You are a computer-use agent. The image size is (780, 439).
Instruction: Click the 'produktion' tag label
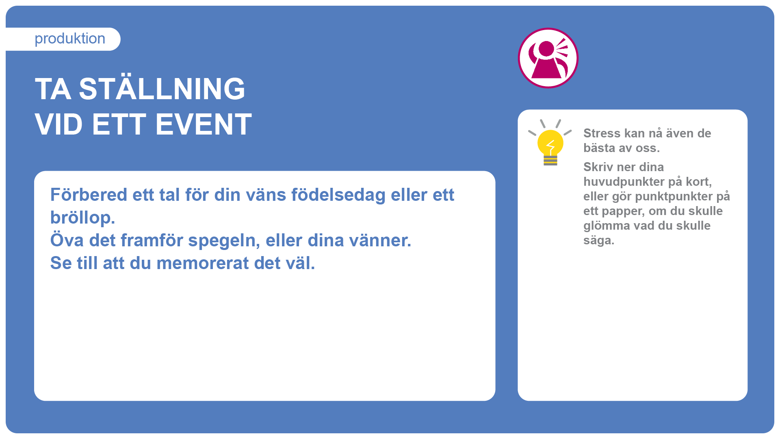click(70, 39)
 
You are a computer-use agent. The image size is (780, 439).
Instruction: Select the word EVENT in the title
click(204, 124)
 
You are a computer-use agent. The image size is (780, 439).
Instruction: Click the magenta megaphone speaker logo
click(548, 58)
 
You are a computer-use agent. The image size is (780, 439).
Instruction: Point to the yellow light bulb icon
click(550, 143)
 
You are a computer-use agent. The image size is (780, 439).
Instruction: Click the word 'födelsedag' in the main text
click(338, 196)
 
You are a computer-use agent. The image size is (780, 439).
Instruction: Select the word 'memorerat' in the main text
click(202, 263)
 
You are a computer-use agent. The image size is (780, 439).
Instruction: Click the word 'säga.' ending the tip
click(599, 241)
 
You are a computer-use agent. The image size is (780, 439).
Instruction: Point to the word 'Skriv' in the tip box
click(598, 167)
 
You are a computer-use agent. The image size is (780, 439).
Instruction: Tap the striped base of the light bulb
click(550, 161)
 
